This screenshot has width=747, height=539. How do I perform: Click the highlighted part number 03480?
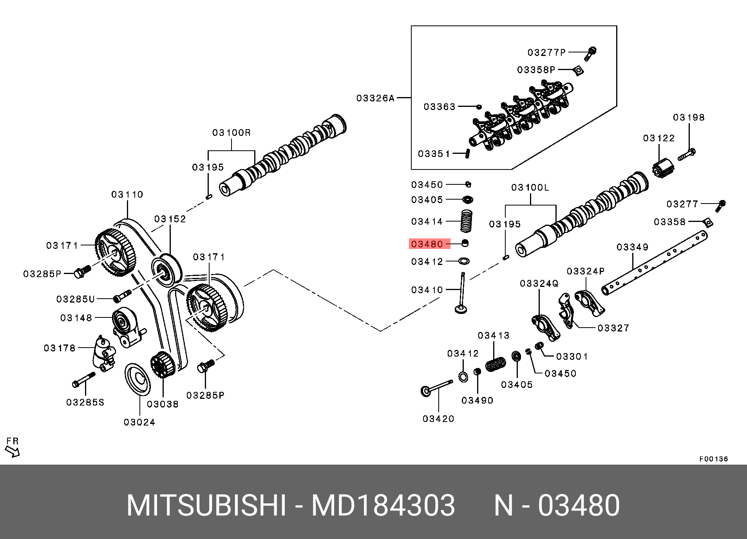[429, 244]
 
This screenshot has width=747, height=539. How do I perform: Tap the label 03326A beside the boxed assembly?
[375, 98]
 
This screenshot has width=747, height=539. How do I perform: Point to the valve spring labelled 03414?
[466, 221]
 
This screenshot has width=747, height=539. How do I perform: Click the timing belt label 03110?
[127, 195]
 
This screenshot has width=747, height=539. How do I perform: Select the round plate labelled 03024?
[137, 379]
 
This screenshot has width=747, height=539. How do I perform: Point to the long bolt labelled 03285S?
[84, 380]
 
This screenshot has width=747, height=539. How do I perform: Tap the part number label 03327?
[613, 328]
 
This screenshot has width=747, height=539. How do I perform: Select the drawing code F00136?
[714, 459]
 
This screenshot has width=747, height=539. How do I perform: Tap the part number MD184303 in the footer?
[383, 505]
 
